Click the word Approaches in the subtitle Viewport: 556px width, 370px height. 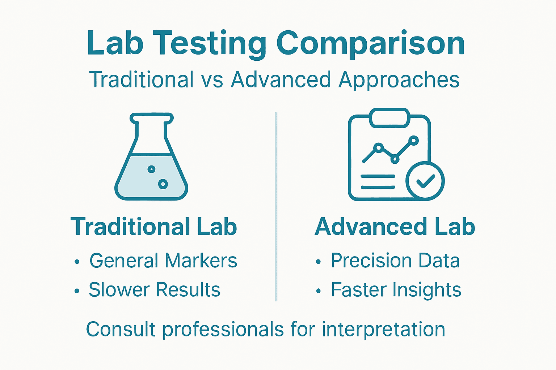[399, 80]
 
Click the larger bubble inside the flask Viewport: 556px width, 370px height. [163, 184]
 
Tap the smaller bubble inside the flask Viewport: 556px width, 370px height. [151, 169]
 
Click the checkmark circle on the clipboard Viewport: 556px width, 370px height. [425, 181]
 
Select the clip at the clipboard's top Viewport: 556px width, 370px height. [389, 118]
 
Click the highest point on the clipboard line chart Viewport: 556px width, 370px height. [413, 140]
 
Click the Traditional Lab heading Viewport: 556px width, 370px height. [154, 227]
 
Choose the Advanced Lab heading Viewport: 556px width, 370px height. [395, 227]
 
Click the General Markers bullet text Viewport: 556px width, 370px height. [163, 261]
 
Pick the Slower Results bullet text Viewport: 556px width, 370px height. [155, 290]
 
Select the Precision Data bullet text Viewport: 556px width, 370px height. [395, 261]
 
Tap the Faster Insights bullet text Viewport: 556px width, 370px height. [396, 290]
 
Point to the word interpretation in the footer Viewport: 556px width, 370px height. [383, 330]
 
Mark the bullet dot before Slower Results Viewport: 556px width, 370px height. [77, 291]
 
